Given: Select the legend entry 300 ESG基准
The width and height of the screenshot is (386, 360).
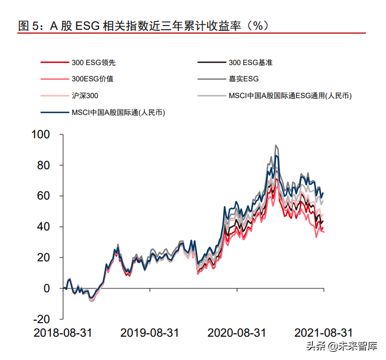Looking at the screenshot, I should (x=250, y=62).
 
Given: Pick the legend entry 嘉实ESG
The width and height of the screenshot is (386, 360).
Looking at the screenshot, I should (x=243, y=79).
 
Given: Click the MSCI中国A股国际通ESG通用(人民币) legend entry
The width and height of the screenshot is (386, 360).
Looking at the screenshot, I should (x=290, y=95).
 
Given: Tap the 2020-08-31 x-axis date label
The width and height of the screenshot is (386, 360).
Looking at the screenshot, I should (x=237, y=332).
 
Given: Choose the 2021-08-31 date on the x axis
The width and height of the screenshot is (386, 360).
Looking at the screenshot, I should (x=324, y=332).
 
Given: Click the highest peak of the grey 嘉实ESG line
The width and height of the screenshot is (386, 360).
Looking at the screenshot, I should (x=276, y=145).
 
